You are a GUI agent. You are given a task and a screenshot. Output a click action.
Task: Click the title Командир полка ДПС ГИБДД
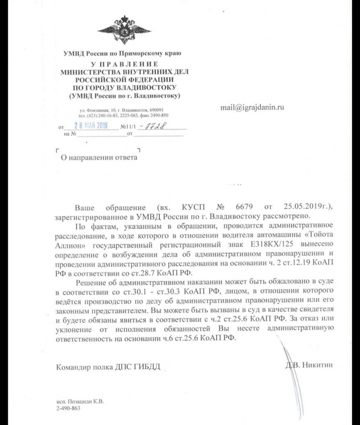point(108,367)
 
